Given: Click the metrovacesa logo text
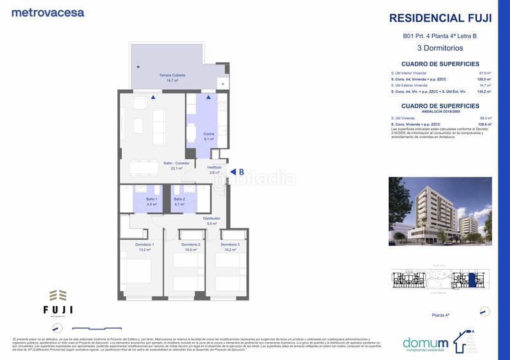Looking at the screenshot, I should tap(48, 12).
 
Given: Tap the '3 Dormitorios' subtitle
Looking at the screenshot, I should tap(440, 48).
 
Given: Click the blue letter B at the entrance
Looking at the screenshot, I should tap(242, 171).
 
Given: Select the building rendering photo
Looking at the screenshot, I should tap(440, 211).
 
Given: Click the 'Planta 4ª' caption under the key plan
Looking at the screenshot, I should tap(441, 315).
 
